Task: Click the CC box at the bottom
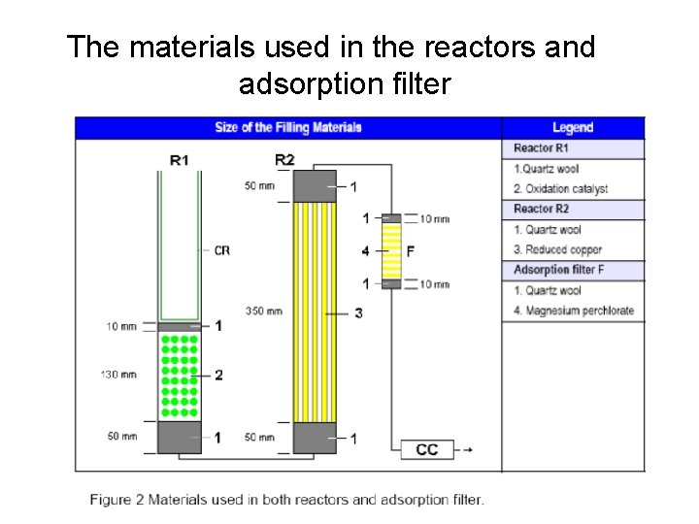point(426,449)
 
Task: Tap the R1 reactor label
point(180,160)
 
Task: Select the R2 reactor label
point(284,159)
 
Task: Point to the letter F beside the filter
point(411,251)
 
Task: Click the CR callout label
point(221,251)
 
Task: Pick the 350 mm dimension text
point(264,311)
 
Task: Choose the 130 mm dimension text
point(120,375)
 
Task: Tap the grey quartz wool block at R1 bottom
point(180,438)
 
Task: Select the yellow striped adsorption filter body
point(391,251)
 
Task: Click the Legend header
point(573,127)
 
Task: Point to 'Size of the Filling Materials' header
point(288,127)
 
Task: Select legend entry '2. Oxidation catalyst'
point(561,188)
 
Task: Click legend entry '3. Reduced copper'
point(558,249)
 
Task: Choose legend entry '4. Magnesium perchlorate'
point(574,311)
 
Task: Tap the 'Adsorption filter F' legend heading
point(559,270)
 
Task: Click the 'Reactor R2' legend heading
point(542,209)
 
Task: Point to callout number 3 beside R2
point(358,313)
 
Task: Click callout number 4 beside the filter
point(365,251)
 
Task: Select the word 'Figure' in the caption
point(111,500)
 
